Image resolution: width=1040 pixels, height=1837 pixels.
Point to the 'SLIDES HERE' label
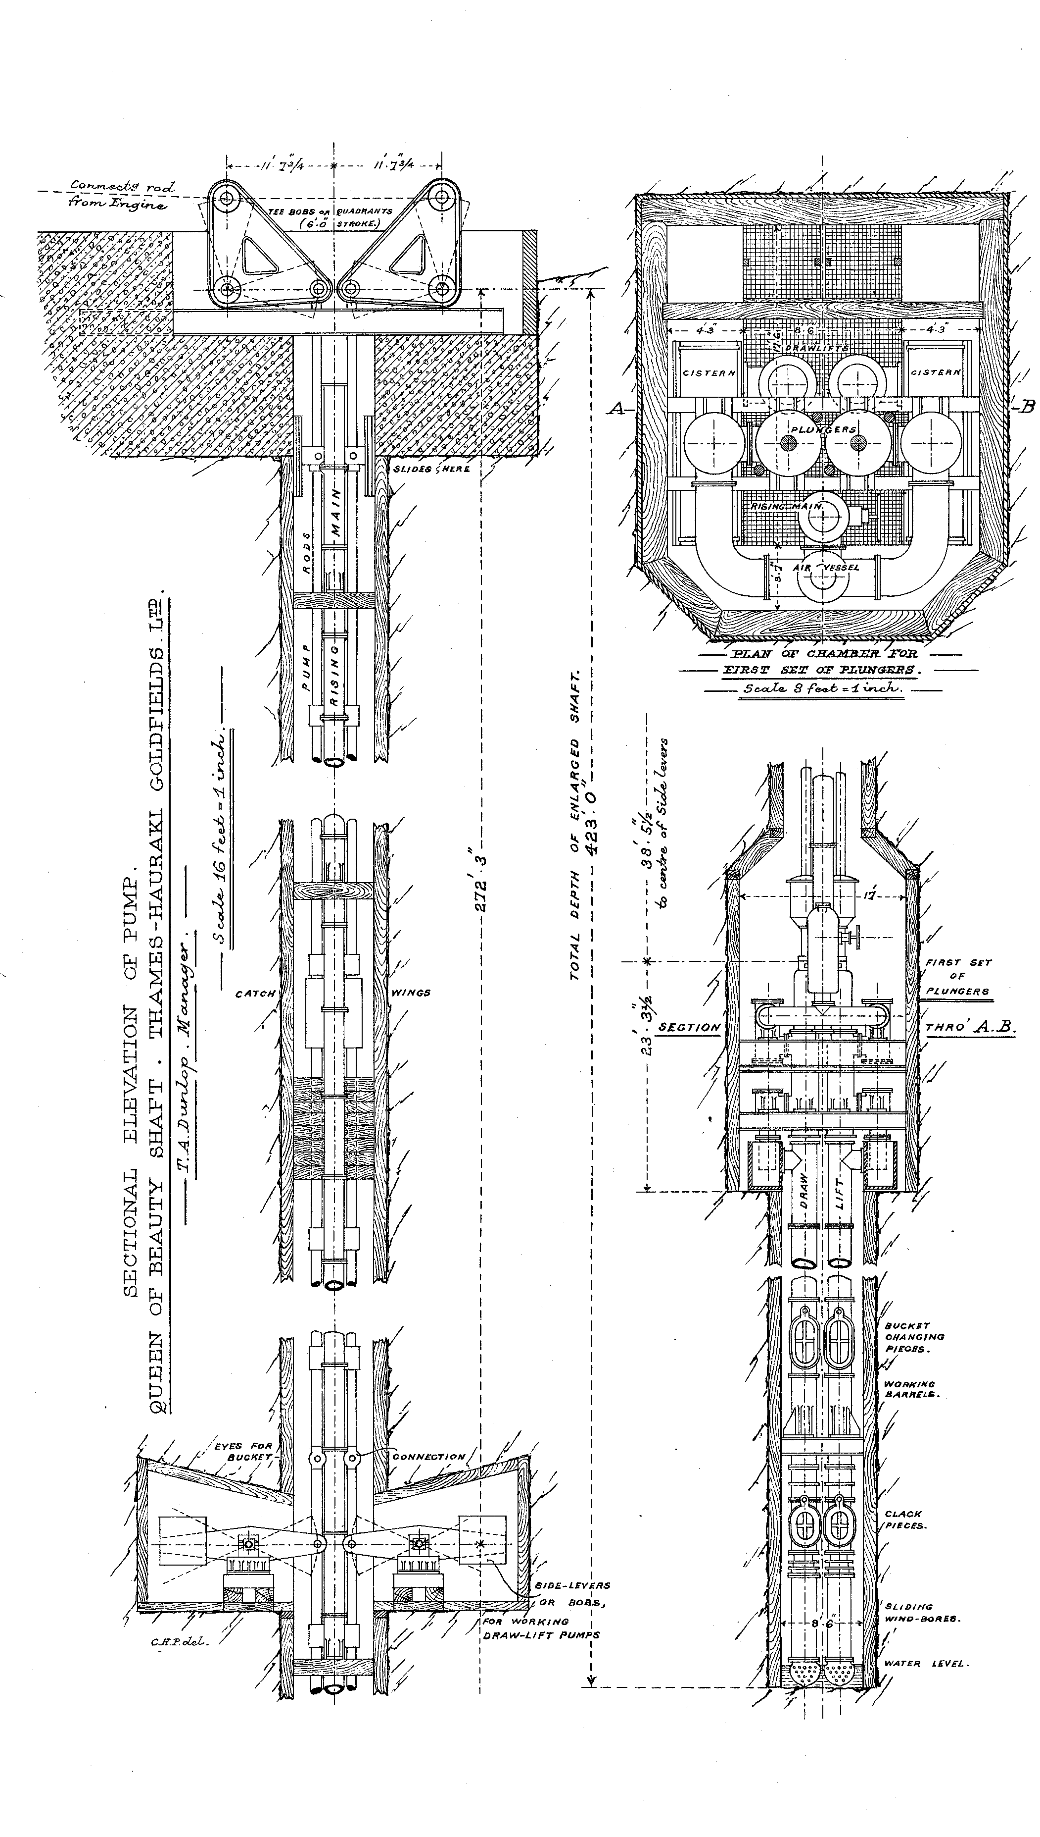431,469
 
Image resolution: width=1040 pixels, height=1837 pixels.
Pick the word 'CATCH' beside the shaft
255,994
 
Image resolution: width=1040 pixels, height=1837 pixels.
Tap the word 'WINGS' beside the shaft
411,993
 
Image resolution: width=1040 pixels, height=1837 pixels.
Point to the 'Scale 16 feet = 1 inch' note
227,839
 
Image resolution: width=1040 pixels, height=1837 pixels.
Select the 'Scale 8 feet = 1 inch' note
822,689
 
